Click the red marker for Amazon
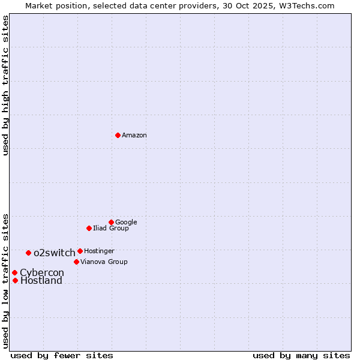point(118,135)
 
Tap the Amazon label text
point(134,136)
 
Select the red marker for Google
point(111,222)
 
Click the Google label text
point(126,223)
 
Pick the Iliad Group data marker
point(89,228)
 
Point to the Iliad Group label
point(111,229)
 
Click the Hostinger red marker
point(80,251)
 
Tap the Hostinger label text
point(99,251)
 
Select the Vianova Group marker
point(76,262)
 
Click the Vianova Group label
point(104,262)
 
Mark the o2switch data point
point(28,253)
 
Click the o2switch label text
point(55,253)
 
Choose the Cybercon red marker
point(14,272)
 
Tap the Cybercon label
point(42,273)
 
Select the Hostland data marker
point(15,280)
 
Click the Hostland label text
point(41,281)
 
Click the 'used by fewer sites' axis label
point(62,356)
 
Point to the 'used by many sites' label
point(301,356)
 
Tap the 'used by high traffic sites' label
point(5,86)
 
